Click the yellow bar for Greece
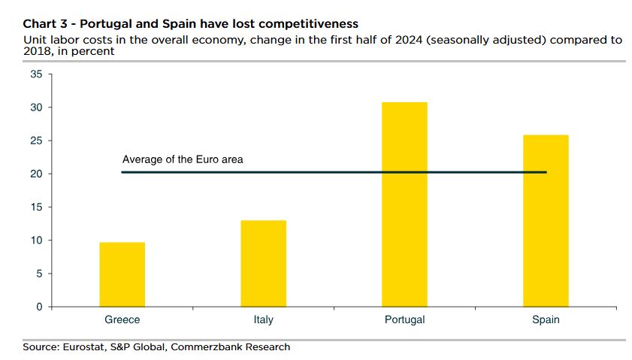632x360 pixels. (x=122, y=274)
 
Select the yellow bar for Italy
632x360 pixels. (x=264, y=263)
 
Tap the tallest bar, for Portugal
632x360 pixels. (x=405, y=204)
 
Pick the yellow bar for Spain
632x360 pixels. (x=546, y=221)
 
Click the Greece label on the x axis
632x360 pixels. (x=122, y=320)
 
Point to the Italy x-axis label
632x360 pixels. (x=264, y=320)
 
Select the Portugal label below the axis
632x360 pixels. (x=405, y=320)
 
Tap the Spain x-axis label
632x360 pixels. (x=546, y=320)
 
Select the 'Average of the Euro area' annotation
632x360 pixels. (x=183, y=159)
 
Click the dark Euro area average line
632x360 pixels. (x=331, y=172)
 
